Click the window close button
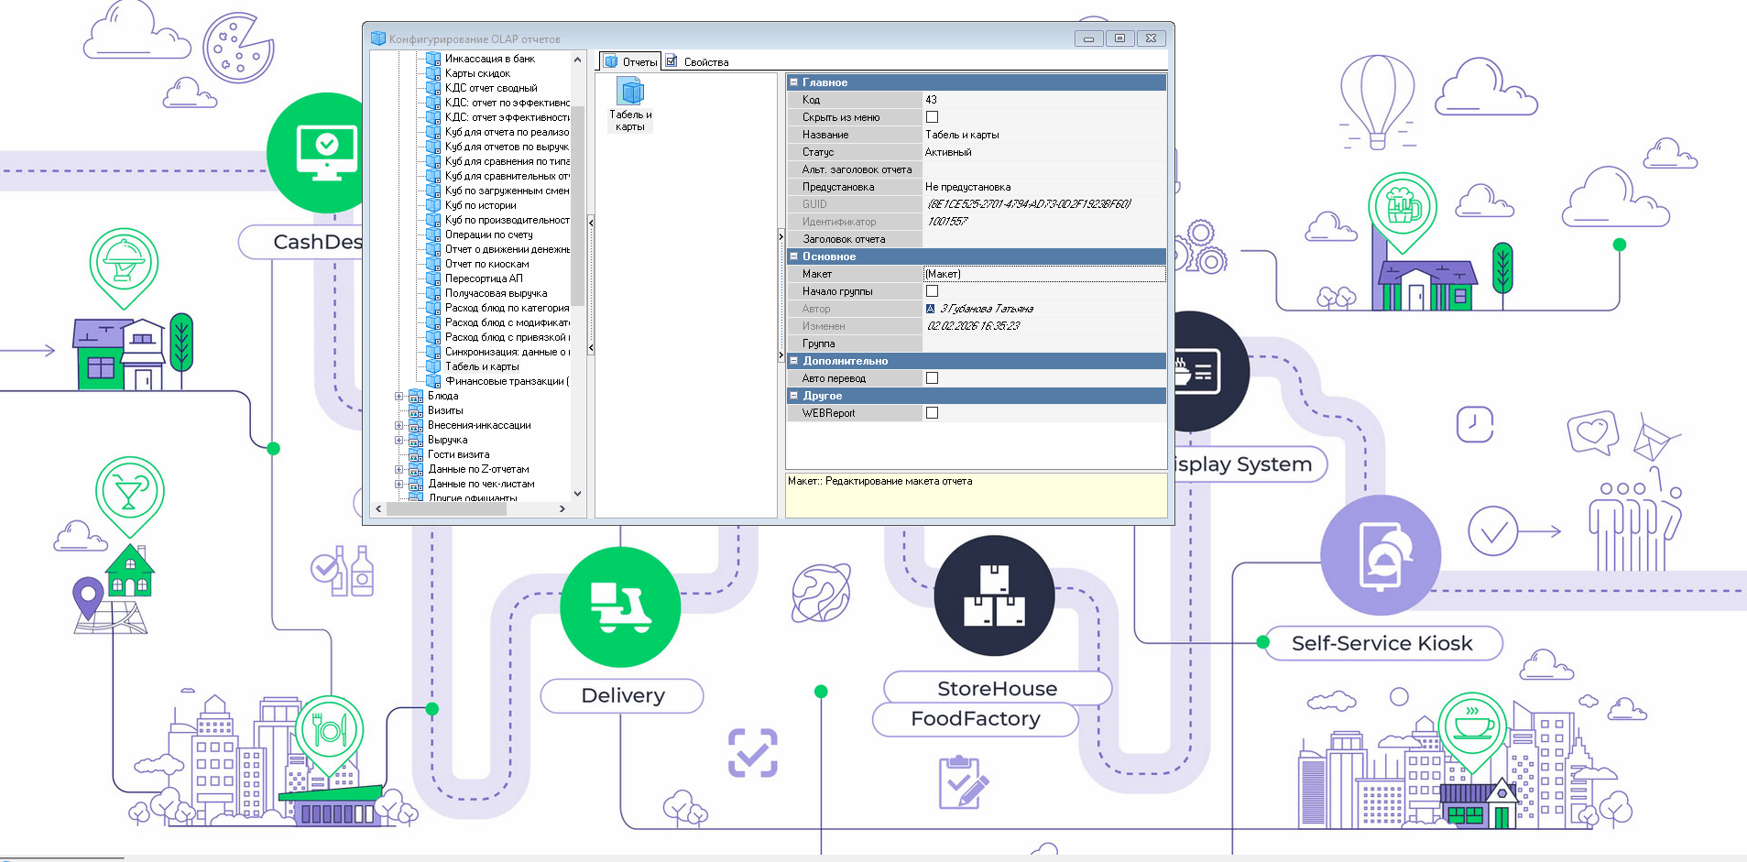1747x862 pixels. tap(1151, 38)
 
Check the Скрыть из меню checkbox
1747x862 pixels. tap(932, 117)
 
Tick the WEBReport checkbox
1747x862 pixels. tap(932, 413)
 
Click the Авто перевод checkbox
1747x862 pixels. tap(932, 378)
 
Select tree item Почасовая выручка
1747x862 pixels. tap(496, 293)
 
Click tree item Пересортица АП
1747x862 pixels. tap(484, 278)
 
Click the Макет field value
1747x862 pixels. tap(1043, 274)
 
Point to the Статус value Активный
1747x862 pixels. tap(948, 152)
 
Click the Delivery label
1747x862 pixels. tap(622, 696)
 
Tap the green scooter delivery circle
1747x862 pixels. tap(620, 606)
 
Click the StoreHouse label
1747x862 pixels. tap(997, 689)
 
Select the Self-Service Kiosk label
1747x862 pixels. tap(1381, 644)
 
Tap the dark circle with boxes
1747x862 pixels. tap(994, 595)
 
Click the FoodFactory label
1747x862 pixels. tap(975, 719)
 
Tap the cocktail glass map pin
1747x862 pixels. tap(129, 492)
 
